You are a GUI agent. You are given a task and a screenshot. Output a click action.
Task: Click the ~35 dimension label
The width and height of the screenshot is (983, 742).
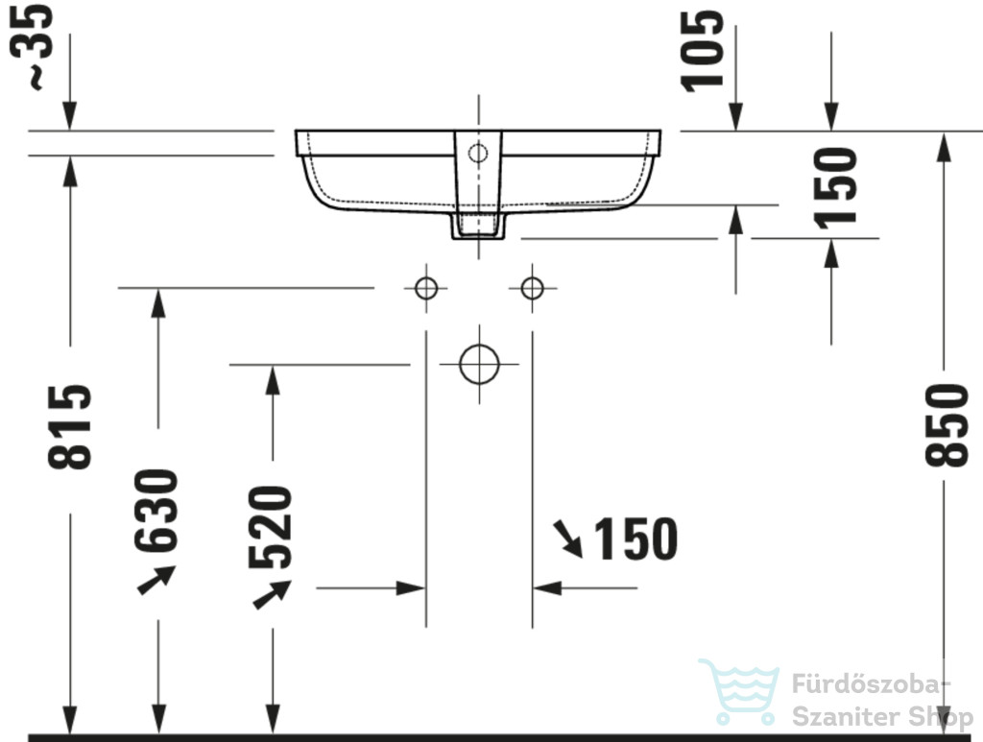32,47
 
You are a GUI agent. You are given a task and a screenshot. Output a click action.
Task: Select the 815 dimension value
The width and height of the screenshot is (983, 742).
69,427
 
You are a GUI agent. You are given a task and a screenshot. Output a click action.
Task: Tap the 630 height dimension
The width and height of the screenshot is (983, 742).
156,511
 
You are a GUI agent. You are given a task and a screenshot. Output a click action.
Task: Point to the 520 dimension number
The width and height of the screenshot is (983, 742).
270,527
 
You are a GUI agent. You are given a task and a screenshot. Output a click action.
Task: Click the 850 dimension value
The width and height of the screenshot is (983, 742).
947,425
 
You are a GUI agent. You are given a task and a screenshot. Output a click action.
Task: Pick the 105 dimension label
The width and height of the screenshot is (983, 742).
703,52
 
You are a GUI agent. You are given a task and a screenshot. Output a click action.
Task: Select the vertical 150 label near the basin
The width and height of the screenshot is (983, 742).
835,188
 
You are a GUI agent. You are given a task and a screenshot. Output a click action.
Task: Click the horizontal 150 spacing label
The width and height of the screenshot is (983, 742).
635,539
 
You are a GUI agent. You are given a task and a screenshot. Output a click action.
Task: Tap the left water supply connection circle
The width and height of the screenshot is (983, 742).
426,288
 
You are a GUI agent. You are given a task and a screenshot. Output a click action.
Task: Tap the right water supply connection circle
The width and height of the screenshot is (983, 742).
532,288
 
